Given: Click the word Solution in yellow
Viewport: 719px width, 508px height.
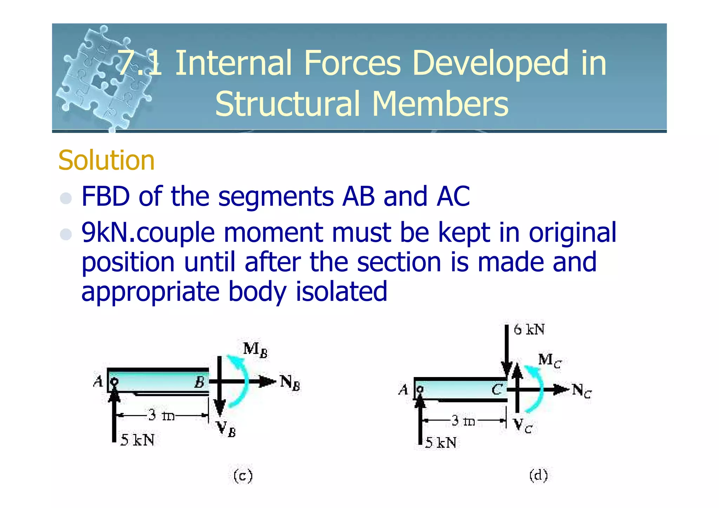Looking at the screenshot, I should pyautogui.click(x=106, y=160).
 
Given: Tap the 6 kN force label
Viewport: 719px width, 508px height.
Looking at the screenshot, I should pyautogui.click(x=529, y=330).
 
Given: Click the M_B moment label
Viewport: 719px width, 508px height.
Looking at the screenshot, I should pyautogui.click(x=255, y=350).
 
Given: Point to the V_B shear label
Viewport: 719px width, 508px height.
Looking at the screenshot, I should pyautogui.click(x=225, y=429).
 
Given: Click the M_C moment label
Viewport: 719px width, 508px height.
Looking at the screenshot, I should pyautogui.click(x=549, y=361).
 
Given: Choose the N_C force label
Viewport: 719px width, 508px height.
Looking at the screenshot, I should pyautogui.click(x=581, y=390).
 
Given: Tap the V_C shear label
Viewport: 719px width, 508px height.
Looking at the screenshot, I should pyautogui.click(x=523, y=426).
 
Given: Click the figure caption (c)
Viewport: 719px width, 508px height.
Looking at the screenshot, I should pyautogui.click(x=243, y=476).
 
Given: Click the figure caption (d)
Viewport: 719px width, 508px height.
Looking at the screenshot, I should pyautogui.click(x=539, y=475).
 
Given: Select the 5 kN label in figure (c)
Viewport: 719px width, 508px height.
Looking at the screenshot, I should pyautogui.click(x=137, y=440).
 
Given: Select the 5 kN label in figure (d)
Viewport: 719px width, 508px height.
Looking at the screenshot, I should pyautogui.click(x=441, y=443).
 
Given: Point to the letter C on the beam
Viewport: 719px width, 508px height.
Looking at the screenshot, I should pyautogui.click(x=497, y=389).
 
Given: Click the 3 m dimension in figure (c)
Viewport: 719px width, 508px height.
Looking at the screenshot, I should pyautogui.click(x=161, y=415).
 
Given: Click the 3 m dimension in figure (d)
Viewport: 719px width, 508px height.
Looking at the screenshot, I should pyautogui.click(x=463, y=420).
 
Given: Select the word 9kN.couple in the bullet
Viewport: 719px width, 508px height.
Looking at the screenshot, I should pyautogui.click(x=148, y=233).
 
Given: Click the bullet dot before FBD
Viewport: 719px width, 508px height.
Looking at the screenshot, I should pyautogui.click(x=66, y=198).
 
